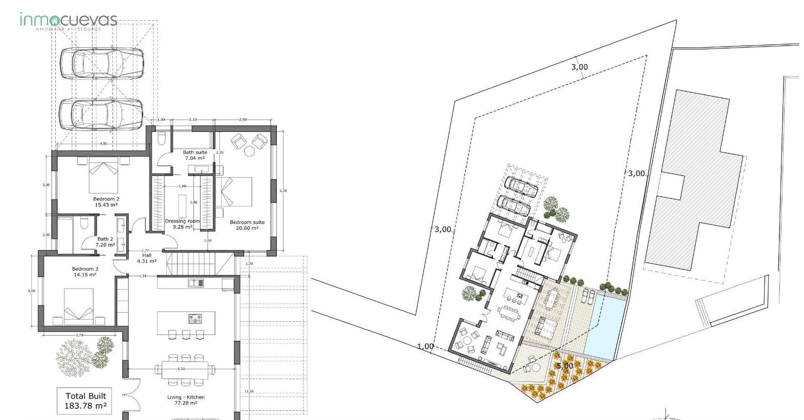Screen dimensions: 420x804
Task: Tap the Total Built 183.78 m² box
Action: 86,400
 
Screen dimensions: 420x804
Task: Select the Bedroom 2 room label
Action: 106,202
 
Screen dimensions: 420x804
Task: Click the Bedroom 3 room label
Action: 85,271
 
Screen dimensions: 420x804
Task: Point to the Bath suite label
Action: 194,155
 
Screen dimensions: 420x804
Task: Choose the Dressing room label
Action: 182,224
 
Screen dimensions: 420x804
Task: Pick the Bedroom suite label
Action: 247,225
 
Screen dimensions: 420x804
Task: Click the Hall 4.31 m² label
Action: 147,258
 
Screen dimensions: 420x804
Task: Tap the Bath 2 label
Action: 106,242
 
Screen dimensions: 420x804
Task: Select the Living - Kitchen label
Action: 186,399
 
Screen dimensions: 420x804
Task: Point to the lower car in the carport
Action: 101,114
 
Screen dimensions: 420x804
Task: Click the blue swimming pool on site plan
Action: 606,327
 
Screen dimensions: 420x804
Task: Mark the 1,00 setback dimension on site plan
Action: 425,346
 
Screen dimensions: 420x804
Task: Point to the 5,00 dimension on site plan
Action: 565,366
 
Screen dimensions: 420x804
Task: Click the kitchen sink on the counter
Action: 196,283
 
